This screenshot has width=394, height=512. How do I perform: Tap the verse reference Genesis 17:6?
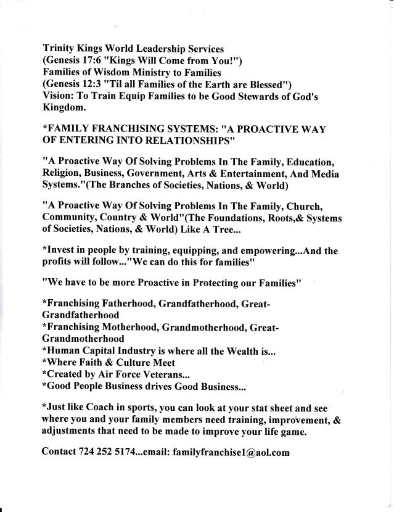[x=80, y=60]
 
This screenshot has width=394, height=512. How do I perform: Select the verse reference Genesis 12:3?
[x=80, y=85]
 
